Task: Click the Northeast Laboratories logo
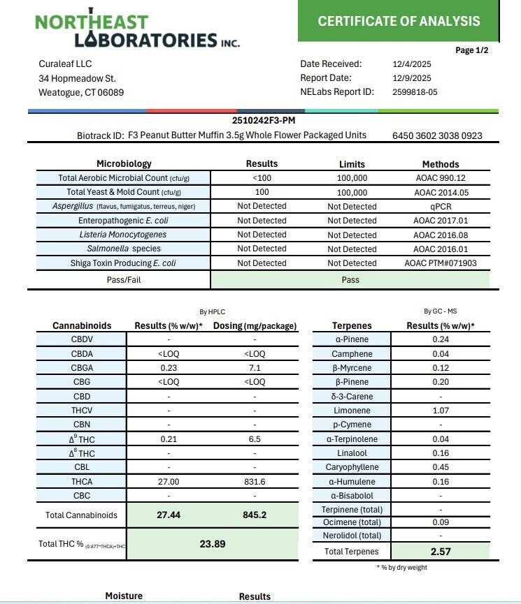click(137, 31)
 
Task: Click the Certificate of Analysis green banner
click(399, 21)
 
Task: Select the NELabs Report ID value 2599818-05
click(415, 92)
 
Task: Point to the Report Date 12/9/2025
click(412, 78)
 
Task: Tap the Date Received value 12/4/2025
click(412, 64)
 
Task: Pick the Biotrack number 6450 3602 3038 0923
click(437, 135)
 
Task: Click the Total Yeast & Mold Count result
click(262, 192)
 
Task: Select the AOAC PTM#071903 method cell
click(441, 263)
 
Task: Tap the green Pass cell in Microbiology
click(350, 279)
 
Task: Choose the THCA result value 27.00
click(168, 481)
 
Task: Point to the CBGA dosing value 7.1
click(255, 368)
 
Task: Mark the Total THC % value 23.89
click(213, 544)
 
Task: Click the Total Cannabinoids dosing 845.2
click(255, 515)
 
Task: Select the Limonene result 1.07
click(441, 411)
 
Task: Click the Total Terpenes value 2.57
click(441, 552)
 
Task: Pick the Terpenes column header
click(352, 325)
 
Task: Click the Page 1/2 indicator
click(472, 50)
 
